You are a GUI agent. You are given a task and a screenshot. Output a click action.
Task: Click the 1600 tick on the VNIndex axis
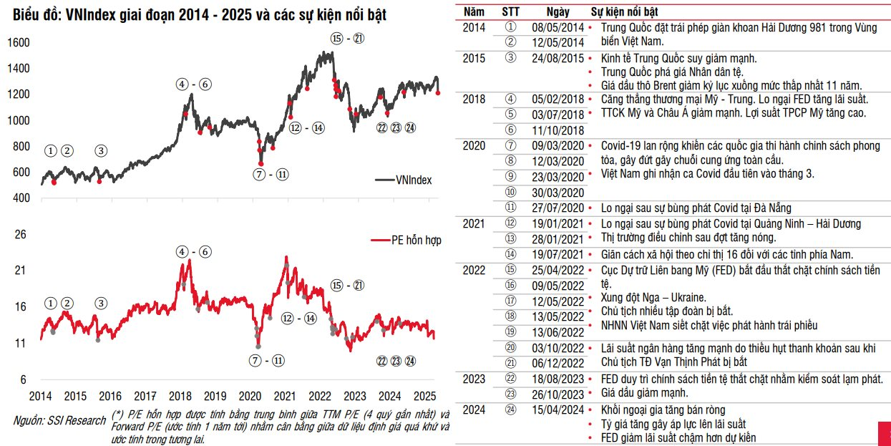coord(19,43)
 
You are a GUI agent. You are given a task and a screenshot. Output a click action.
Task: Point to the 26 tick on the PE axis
coord(21,234)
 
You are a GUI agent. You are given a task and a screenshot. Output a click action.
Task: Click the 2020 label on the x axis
coord(250,395)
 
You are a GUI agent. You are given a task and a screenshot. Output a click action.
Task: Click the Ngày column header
coord(559,12)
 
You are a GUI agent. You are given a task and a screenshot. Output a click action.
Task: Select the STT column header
coord(511,12)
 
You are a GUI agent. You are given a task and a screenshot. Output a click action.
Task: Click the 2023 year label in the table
coord(474,379)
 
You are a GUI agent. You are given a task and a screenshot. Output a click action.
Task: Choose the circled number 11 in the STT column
coord(510,208)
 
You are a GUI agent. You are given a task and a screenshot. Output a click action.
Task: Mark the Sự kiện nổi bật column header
coord(625,12)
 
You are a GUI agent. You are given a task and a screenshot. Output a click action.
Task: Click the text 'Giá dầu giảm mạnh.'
coord(644,393)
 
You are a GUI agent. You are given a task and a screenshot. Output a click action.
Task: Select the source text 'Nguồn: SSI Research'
coord(59,421)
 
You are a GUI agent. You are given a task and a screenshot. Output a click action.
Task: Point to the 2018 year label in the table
coord(474,99)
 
